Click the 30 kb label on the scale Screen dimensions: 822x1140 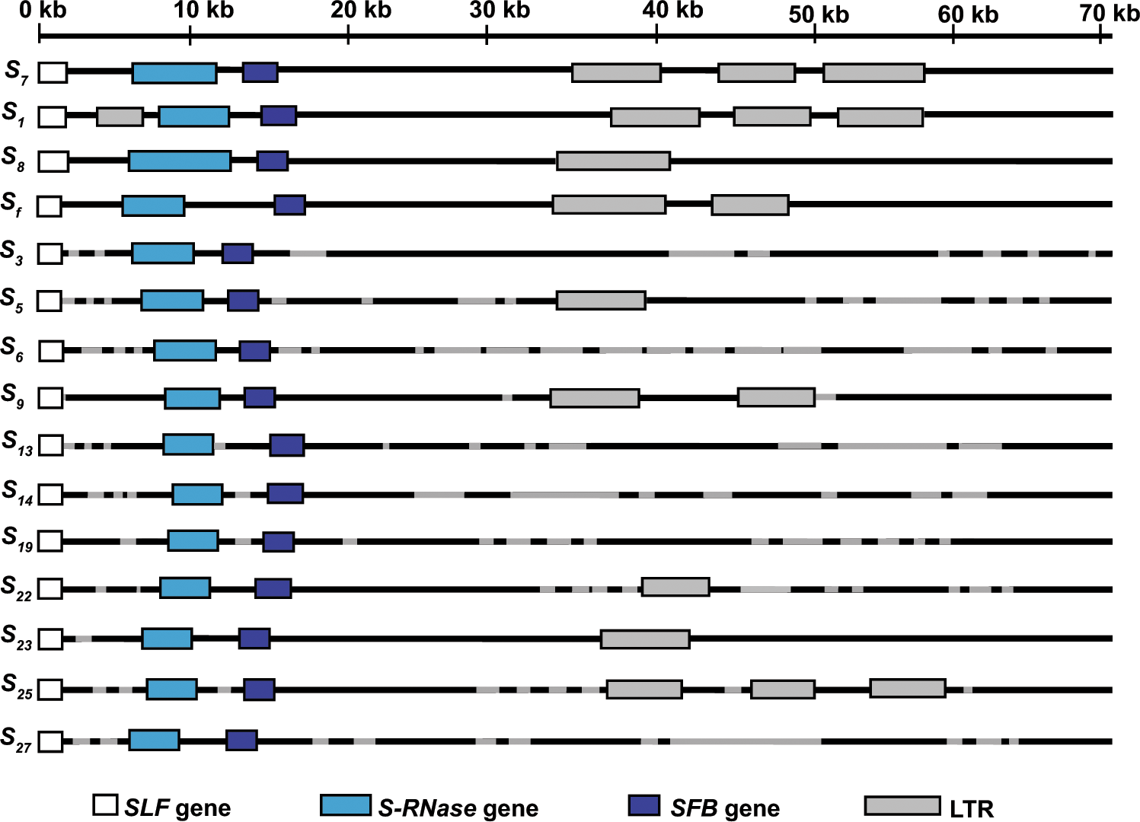tap(500, 10)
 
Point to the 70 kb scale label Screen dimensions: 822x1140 tap(1110, 12)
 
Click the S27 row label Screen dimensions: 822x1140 tap(16, 739)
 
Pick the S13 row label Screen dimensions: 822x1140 tap(18, 443)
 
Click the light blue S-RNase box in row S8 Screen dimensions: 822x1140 tap(180, 161)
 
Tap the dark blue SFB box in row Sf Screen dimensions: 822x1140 tap(289, 205)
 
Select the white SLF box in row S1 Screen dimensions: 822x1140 tap(53, 117)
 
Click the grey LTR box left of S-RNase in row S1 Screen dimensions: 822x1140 tap(120, 117)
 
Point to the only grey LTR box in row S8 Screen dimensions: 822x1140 tap(613, 161)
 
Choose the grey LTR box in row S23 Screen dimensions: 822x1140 tap(645, 639)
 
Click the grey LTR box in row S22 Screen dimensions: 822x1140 tap(675, 587)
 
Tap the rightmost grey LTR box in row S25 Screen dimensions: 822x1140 tap(908, 688)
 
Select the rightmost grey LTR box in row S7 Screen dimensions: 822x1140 tap(873, 73)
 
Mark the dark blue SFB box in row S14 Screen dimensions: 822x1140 tap(285, 493)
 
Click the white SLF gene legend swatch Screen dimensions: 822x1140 tap(105, 805)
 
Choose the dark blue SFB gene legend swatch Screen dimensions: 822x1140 tap(644, 805)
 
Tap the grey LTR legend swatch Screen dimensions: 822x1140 tap(902, 805)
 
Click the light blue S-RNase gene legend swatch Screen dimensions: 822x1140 tap(346, 805)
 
